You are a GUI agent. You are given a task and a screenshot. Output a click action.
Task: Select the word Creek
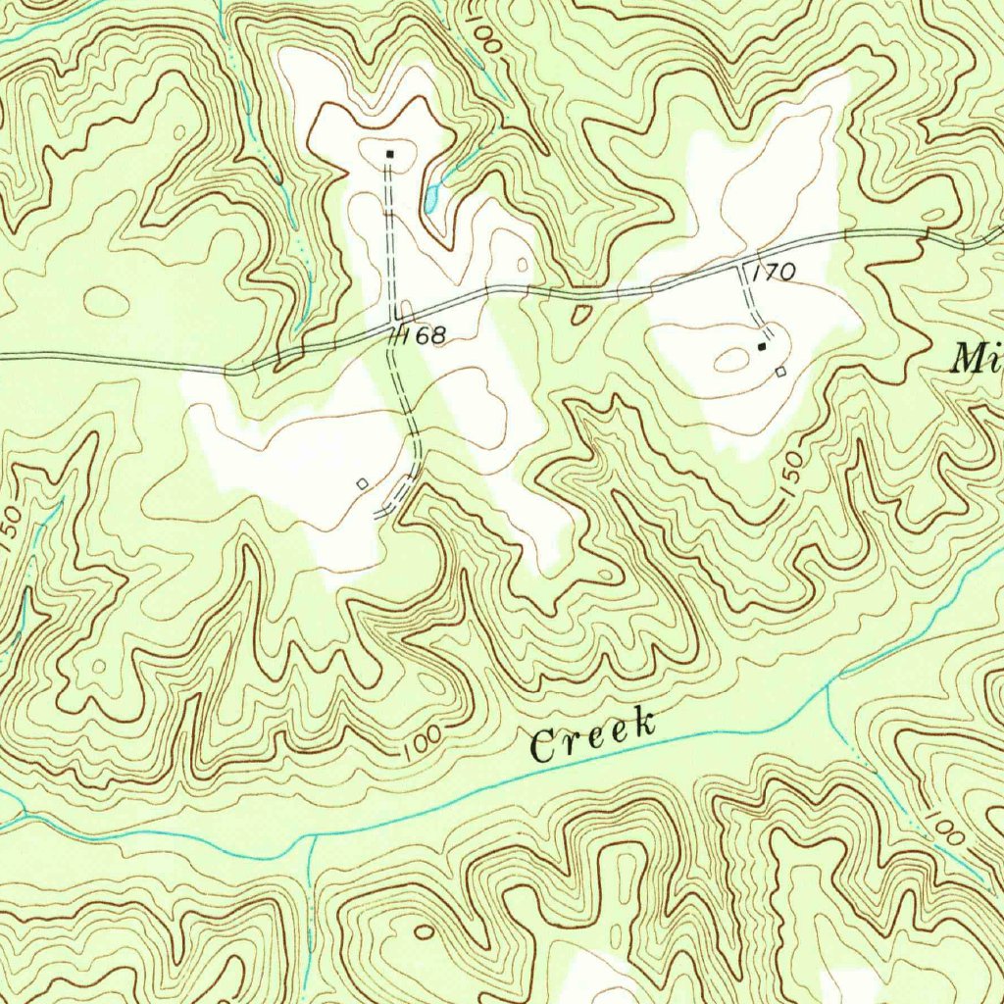(x=592, y=736)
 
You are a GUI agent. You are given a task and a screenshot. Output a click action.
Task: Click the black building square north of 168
(x=389, y=154)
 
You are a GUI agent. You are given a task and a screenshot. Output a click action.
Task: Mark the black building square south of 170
(x=762, y=347)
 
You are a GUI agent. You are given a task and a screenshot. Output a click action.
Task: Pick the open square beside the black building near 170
(x=780, y=372)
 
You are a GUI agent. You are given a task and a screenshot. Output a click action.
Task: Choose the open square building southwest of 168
(x=362, y=483)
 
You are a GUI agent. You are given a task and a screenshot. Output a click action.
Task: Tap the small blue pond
(x=432, y=199)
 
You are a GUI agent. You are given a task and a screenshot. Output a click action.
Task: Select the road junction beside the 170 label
(x=742, y=265)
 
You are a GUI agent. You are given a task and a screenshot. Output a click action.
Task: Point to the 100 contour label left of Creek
(x=421, y=746)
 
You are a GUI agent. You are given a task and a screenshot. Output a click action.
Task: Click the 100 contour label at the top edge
(x=486, y=36)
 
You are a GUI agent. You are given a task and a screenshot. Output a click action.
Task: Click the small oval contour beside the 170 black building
(x=730, y=361)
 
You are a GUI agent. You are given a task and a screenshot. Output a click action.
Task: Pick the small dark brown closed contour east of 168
(x=580, y=314)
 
